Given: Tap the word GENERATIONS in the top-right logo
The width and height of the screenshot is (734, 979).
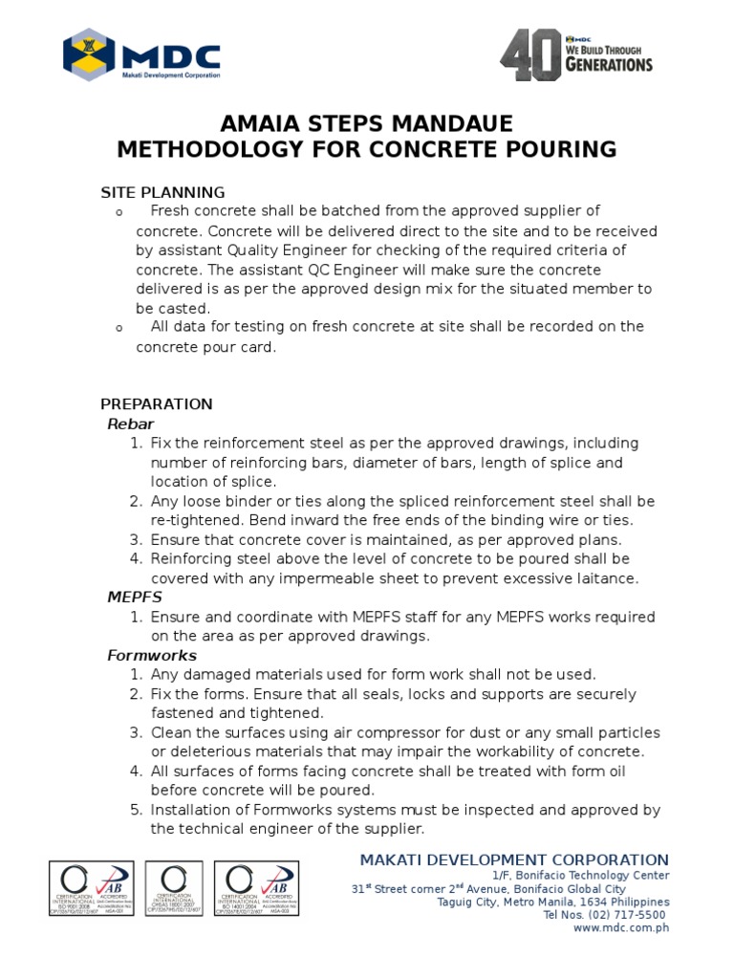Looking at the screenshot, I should (x=608, y=64).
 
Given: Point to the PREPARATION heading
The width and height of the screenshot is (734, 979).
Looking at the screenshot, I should (x=157, y=403).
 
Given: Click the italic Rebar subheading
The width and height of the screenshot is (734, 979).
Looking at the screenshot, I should (x=130, y=424).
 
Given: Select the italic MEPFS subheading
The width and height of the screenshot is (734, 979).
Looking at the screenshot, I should (x=134, y=598).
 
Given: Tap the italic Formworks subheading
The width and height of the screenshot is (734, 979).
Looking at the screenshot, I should (x=151, y=656).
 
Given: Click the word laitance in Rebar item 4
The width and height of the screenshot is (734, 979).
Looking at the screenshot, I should (x=607, y=578).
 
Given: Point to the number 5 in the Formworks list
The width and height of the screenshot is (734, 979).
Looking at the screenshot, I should (x=135, y=811).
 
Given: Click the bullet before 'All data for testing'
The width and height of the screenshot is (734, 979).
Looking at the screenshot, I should (x=119, y=328).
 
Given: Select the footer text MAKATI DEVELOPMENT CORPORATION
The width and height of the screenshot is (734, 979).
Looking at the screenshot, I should (x=514, y=859).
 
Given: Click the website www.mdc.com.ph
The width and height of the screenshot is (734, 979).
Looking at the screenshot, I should (x=621, y=928).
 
